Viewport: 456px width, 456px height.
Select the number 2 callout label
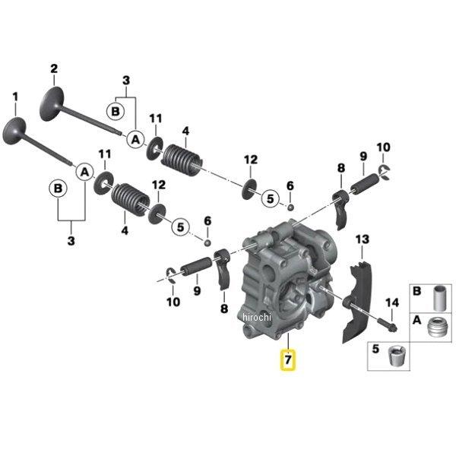point(54,69)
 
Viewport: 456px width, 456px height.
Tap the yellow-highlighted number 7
point(288,358)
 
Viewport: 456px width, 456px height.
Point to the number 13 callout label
point(363,240)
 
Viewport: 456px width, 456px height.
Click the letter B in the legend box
point(416,291)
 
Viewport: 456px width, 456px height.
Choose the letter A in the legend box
point(416,320)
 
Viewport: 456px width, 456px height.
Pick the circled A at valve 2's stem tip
point(135,139)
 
